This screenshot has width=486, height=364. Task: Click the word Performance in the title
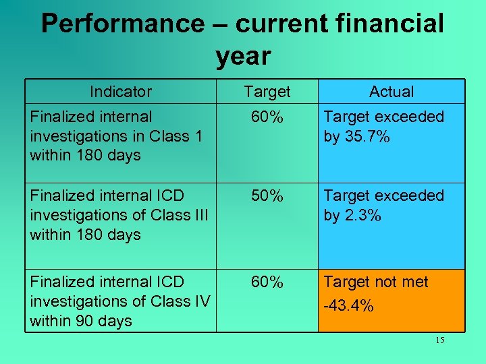(122, 24)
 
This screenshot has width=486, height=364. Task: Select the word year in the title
(243, 57)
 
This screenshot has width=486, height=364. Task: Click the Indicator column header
(121, 92)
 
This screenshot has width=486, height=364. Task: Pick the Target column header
(267, 92)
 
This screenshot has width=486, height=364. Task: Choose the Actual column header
(391, 92)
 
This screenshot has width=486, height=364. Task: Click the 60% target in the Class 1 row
(267, 117)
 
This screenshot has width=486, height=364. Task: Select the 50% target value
(267, 196)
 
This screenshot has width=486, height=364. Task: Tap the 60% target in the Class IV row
(267, 282)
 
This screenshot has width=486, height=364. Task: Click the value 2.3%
(362, 216)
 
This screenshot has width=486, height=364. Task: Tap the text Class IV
(180, 301)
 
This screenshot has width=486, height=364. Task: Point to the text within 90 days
(81, 321)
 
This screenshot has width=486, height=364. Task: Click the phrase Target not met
(376, 282)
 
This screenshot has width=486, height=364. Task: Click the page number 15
(439, 340)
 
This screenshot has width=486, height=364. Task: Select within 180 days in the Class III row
(85, 235)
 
